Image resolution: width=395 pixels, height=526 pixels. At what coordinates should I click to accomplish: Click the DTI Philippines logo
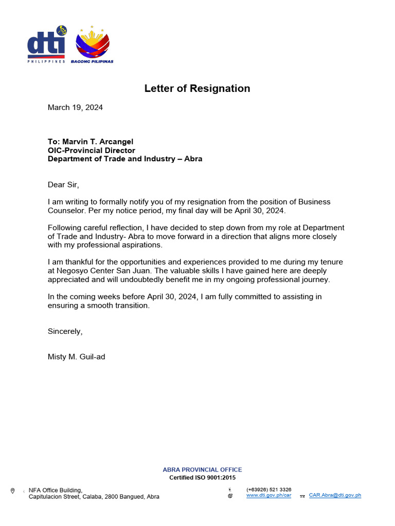tap(47, 45)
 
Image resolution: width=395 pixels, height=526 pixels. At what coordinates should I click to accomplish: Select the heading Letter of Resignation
tap(197, 88)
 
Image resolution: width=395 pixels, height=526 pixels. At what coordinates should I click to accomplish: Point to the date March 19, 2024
tap(75, 107)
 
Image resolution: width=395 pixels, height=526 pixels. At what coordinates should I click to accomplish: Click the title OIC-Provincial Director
tap(92, 151)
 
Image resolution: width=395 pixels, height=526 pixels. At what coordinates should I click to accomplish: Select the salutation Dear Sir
tap(64, 184)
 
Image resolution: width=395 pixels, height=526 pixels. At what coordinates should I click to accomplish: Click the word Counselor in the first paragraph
tap(65, 211)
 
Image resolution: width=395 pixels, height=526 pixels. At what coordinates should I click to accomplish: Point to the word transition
tap(132, 305)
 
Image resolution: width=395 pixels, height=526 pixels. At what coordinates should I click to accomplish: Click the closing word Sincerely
tap(65, 331)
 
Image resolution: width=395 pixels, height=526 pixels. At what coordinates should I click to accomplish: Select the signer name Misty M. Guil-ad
tap(76, 356)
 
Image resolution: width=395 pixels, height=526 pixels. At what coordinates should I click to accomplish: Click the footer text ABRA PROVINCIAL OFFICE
tap(202, 469)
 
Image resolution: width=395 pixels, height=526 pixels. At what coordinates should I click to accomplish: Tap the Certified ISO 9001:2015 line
tap(202, 478)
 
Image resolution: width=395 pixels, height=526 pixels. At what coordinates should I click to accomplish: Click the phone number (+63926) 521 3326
tap(268, 490)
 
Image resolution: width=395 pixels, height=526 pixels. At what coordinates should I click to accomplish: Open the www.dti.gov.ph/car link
tap(268, 496)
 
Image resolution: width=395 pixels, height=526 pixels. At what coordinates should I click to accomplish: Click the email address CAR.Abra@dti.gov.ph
tap(335, 496)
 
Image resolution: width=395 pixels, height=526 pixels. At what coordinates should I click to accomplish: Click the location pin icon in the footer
tap(12, 491)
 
